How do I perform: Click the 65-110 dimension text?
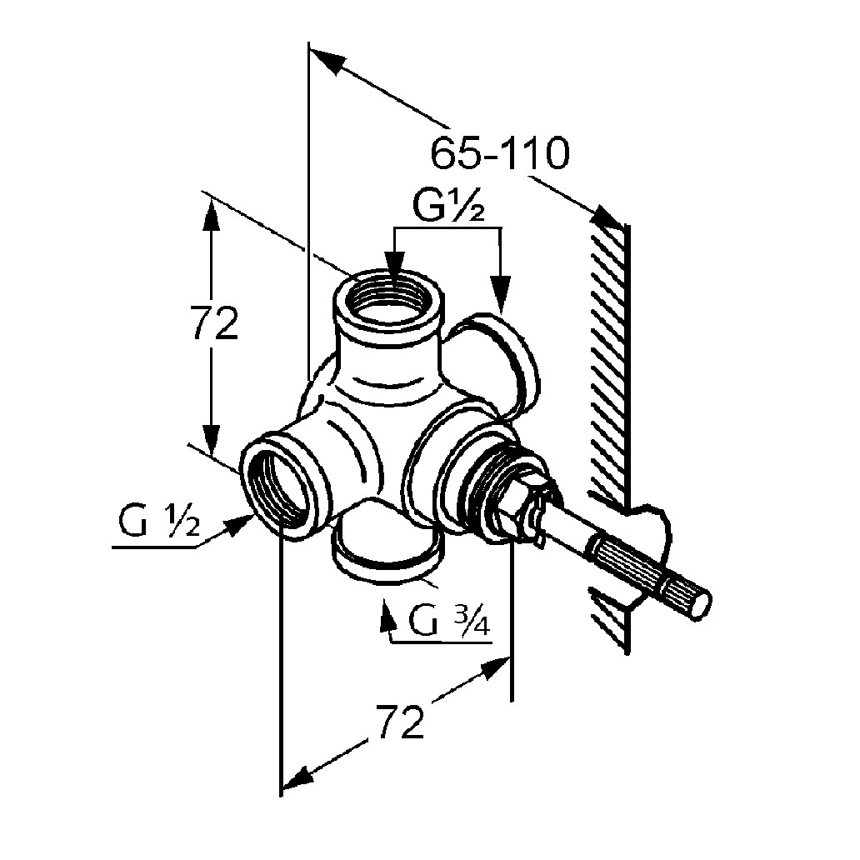pyautogui.click(x=500, y=153)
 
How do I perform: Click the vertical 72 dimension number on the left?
pyautogui.click(x=214, y=323)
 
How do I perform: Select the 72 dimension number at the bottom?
pyautogui.click(x=401, y=722)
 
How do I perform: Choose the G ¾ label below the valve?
pyautogui.click(x=449, y=620)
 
